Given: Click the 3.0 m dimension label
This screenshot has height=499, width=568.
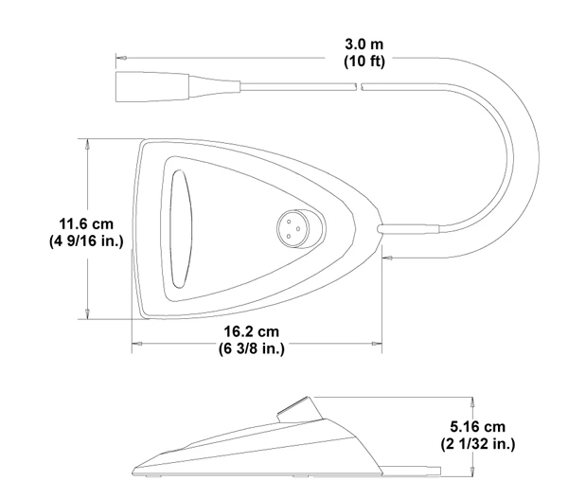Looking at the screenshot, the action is pos(364,45).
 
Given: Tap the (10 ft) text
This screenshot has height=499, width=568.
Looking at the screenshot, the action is pos(364,61).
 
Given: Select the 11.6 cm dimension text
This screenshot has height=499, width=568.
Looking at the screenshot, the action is pos(86,223).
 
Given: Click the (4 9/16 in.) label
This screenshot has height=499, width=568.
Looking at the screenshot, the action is pos(86,241).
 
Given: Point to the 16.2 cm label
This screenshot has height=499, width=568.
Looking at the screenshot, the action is pos(252,331).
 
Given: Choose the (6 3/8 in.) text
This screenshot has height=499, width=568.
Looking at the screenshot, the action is pos(252,348).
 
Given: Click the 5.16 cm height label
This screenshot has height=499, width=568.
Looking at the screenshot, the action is pos(477,426).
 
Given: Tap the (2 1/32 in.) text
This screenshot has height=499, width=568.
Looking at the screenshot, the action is pos(477,443).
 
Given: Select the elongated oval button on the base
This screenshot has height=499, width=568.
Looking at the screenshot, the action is pos(181,229).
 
